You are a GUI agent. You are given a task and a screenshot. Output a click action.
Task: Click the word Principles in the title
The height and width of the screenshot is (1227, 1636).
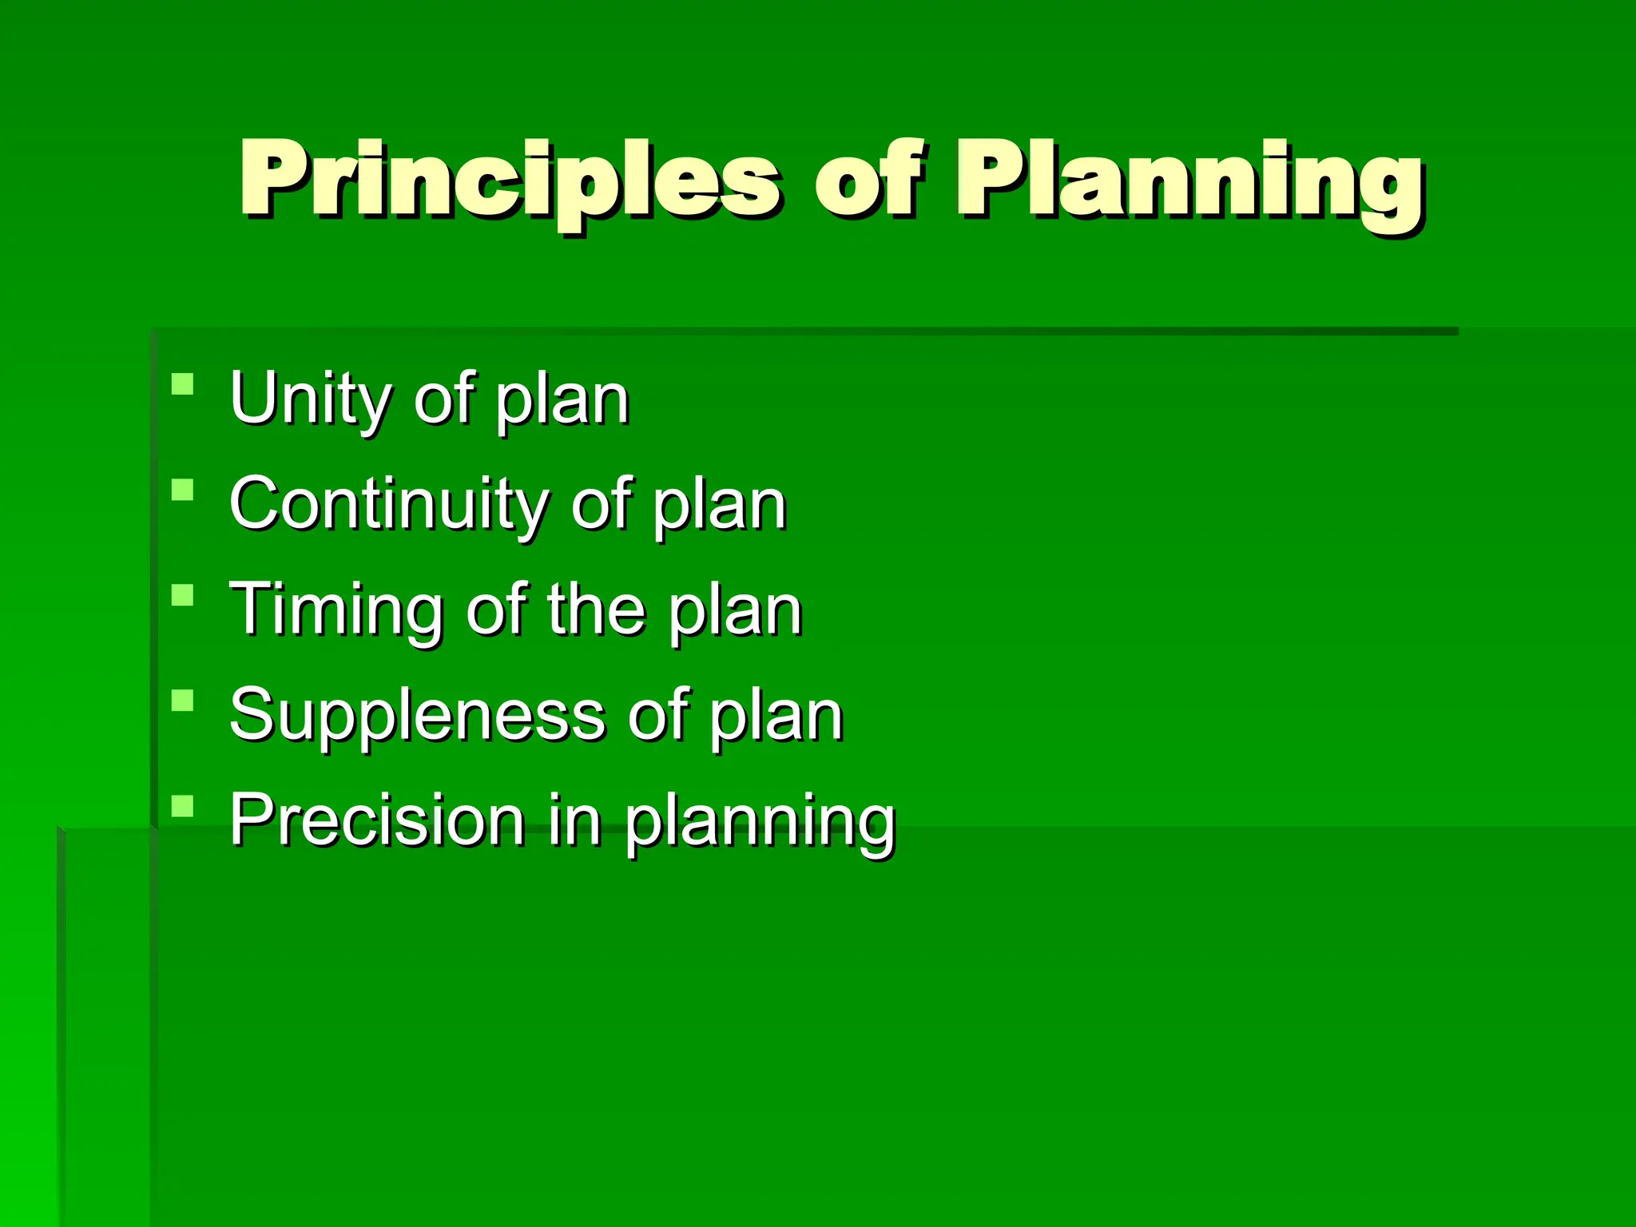coord(509,180)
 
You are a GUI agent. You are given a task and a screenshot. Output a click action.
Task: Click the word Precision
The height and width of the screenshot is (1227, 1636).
coord(376,820)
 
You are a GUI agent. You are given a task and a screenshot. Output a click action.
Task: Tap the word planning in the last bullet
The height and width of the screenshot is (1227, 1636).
coord(760,823)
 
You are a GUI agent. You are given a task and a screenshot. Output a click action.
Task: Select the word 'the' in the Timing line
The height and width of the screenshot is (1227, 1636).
coord(596,609)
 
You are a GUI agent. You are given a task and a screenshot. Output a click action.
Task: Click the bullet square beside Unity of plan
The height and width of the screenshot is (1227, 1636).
coord(183,384)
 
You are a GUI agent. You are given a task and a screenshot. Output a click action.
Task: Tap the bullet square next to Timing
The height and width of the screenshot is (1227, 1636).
coord(183,595)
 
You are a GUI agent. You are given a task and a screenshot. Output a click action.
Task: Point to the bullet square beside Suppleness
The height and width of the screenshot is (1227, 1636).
coord(183,701)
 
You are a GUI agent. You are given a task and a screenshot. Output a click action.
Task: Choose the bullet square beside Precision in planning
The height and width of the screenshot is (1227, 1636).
coord(183,806)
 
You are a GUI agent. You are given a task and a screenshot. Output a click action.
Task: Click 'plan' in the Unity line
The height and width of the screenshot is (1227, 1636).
coord(562,402)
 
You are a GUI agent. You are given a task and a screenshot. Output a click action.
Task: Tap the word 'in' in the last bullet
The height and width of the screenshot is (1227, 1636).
coord(574,820)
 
